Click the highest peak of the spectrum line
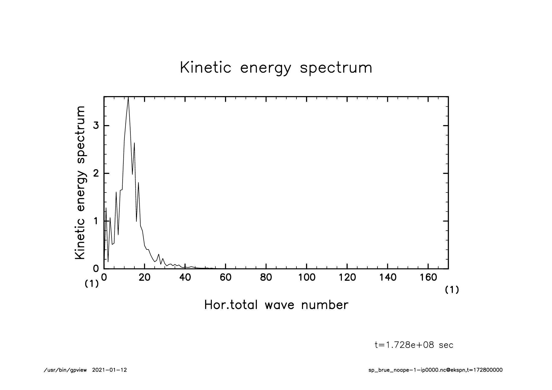point(128,98)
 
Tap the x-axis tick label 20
point(144,277)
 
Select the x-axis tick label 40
point(185,277)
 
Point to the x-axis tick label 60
point(225,277)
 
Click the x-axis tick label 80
point(266,277)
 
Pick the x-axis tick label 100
point(307,277)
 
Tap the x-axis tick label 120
point(347,277)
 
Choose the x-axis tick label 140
point(388,277)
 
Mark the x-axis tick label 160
point(428,277)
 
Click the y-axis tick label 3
point(96,126)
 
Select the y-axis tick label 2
point(96,173)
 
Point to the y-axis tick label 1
point(96,221)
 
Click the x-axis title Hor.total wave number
point(276,305)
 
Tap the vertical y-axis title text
point(80,183)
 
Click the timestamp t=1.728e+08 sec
point(414,345)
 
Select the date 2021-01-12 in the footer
point(109,370)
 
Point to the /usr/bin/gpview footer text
point(65,370)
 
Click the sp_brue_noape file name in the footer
point(435,370)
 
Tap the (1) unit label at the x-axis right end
point(452,290)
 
